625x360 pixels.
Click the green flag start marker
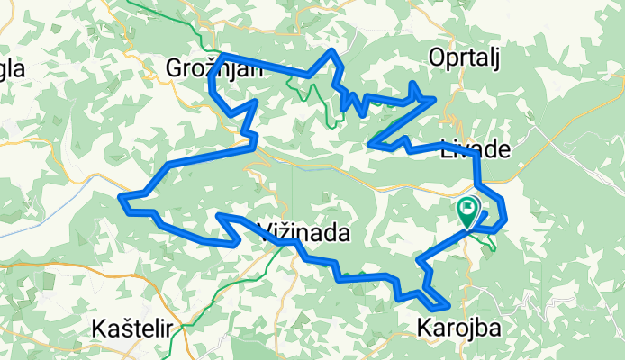pos(468,213)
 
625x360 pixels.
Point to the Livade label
pos(475,150)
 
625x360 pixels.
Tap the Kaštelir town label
pos(131,328)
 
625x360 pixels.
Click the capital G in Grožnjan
pos(175,68)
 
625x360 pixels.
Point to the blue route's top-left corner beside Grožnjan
pos(220,55)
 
